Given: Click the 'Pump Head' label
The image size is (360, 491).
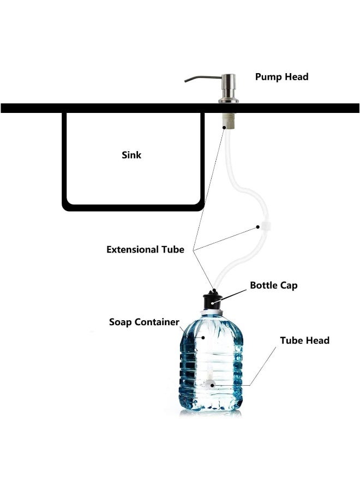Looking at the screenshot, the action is [281, 77].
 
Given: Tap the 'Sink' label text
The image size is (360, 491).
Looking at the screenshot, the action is [131, 155].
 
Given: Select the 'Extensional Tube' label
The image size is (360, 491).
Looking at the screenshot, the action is [145, 249].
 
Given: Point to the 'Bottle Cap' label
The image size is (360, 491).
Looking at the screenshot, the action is [274, 285].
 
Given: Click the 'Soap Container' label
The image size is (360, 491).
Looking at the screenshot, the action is [144, 322].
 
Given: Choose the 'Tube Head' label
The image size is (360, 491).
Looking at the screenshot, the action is [304, 340].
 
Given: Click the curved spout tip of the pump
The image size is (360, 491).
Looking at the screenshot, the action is [186, 81].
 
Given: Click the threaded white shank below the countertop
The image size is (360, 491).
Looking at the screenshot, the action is [229, 120].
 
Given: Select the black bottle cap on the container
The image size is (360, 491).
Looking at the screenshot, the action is [213, 301].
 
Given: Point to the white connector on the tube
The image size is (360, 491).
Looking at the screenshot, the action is [266, 226].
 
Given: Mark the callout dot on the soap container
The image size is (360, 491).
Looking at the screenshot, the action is [203, 338].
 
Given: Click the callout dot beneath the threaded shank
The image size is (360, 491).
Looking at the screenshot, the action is [224, 127].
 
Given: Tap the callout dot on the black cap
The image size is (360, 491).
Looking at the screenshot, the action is [212, 303].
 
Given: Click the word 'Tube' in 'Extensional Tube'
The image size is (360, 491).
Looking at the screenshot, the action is [173, 249].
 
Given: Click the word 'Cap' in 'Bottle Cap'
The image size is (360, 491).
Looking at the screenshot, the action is [289, 286].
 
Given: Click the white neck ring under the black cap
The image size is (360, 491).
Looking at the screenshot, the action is [213, 313].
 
